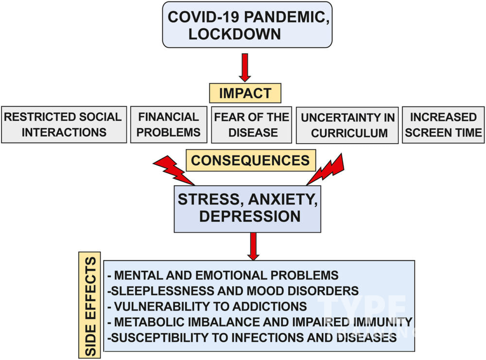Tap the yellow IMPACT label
pyautogui.click(x=245, y=93)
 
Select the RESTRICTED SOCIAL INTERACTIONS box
pyautogui.click(x=64, y=125)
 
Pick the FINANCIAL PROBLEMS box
pyautogui.click(x=169, y=125)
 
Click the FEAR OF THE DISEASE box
pyautogui.click(x=251, y=125)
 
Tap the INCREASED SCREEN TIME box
pyautogui.click(x=443, y=125)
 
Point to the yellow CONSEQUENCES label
pyautogui.click(x=250, y=160)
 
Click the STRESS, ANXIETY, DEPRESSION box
pyautogui.click(x=247, y=208)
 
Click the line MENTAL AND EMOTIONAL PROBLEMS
pyautogui.click(x=223, y=275)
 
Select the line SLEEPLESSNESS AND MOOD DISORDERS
pyautogui.click(x=233, y=291)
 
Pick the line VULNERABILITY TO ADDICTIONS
pyautogui.click(x=208, y=307)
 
